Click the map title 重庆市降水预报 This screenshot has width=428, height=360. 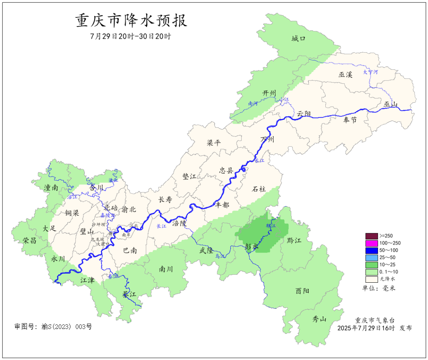pyautogui.click(x=131, y=21)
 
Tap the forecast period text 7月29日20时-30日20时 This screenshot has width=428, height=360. pyautogui.click(x=131, y=36)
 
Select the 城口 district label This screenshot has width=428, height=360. pyautogui.click(x=298, y=38)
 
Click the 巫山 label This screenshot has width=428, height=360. pyautogui.click(x=390, y=104)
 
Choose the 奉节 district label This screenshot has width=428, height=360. pyautogui.click(x=350, y=120)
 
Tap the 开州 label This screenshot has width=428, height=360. pyautogui.click(x=269, y=93)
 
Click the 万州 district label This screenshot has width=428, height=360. pyautogui.click(x=267, y=140)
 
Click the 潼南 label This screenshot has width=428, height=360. pyautogui.click(x=51, y=188)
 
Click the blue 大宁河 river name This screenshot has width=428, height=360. pyautogui.click(x=371, y=72)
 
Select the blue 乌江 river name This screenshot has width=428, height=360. pyautogui.click(x=220, y=257)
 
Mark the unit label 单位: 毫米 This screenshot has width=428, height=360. pyautogui.click(x=379, y=288)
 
